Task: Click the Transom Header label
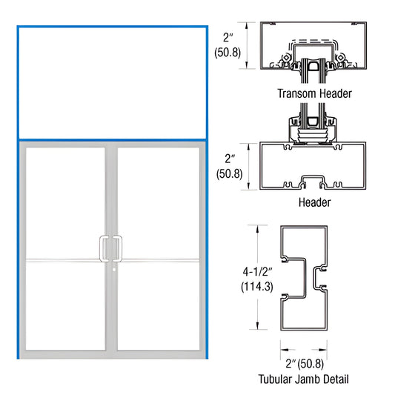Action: click(314, 94)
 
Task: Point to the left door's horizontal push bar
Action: click(64, 259)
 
